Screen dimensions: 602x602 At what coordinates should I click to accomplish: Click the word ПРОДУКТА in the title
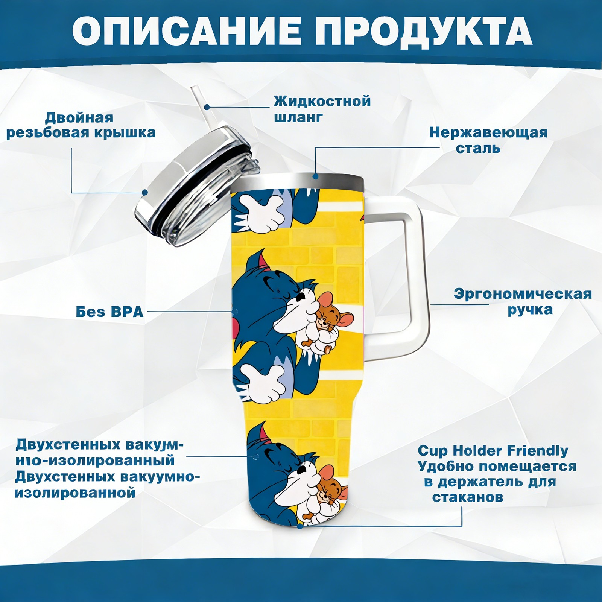click(x=424, y=32)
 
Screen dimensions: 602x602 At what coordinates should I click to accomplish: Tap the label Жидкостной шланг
click(x=322, y=109)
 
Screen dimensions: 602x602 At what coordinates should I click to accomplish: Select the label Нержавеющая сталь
click(x=488, y=140)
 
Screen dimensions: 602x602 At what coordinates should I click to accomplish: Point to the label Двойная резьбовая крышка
click(x=81, y=125)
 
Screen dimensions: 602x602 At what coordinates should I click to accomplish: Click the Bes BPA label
click(x=109, y=312)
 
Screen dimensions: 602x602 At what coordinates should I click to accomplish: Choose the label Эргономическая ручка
click(x=523, y=302)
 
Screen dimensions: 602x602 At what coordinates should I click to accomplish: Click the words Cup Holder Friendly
click(x=493, y=450)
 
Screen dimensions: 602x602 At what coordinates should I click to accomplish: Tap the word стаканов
click(x=467, y=497)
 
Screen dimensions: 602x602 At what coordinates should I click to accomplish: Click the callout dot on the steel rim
click(x=316, y=176)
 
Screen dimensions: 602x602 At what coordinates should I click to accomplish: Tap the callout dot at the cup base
click(x=300, y=526)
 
